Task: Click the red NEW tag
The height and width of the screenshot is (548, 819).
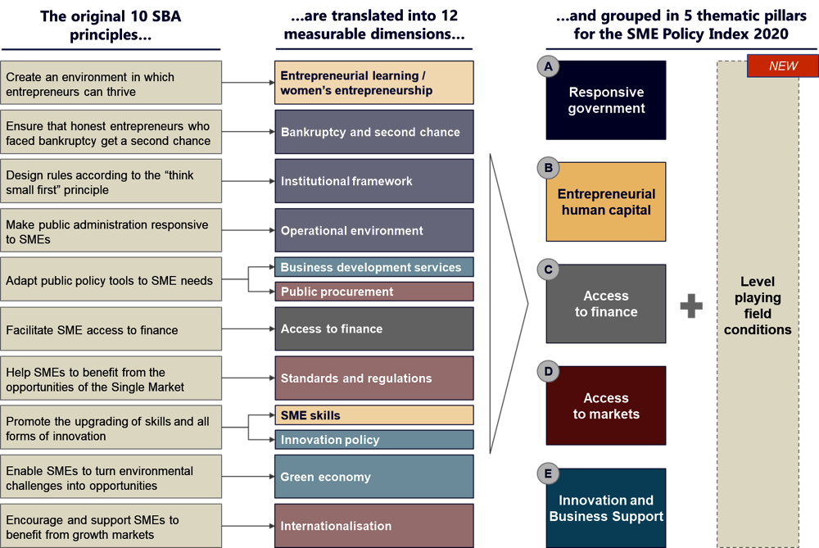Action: [x=783, y=66]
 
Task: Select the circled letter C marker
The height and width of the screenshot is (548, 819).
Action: [x=547, y=269]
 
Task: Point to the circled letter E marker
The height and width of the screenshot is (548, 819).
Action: [x=547, y=473]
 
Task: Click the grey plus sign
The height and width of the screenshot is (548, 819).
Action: [x=691, y=306]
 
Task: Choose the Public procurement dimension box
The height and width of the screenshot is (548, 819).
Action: [x=373, y=292]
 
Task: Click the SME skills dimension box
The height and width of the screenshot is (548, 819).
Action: [x=373, y=415]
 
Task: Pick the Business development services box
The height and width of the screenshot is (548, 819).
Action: [x=373, y=267]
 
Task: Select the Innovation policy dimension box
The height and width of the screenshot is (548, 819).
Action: [x=373, y=440]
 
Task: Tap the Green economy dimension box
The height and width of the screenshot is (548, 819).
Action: [x=373, y=477]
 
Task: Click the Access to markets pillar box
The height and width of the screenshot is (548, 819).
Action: [x=606, y=406]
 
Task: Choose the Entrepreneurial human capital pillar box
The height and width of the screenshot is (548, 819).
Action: [x=606, y=202]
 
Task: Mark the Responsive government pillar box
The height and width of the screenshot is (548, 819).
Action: [x=606, y=100]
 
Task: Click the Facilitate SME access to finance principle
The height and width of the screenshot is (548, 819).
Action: [x=111, y=330]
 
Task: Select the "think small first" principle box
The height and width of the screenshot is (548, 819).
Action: [x=111, y=182]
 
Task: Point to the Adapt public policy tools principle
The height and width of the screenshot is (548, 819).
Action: [x=111, y=280]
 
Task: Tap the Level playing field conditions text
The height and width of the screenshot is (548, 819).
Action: [x=758, y=306]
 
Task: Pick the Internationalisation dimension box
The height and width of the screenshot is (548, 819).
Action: [x=373, y=526]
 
